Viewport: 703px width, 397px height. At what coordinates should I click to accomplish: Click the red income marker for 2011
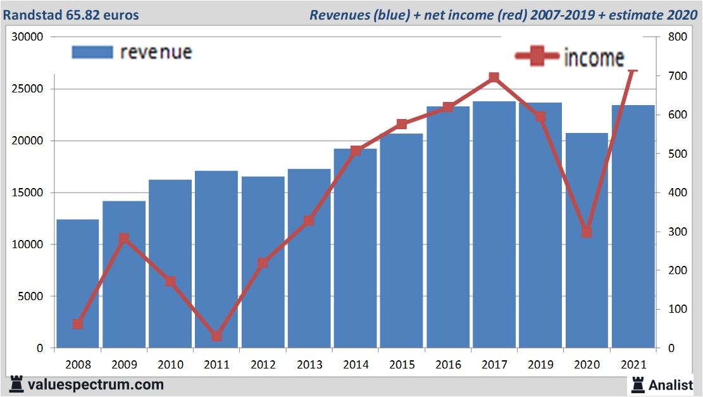(x=216, y=336)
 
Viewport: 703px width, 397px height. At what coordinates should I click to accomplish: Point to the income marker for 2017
(x=494, y=78)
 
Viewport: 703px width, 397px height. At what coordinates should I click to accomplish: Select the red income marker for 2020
(x=587, y=232)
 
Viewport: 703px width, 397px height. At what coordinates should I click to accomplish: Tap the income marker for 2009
(x=124, y=239)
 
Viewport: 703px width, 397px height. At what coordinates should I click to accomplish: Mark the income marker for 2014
(x=356, y=151)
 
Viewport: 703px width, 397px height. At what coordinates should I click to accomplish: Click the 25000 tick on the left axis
(x=28, y=89)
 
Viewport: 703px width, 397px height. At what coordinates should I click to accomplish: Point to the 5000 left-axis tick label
(x=31, y=296)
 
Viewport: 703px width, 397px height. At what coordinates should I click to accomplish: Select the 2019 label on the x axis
(x=540, y=365)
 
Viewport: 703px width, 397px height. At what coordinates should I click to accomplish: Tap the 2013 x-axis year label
(x=309, y=365)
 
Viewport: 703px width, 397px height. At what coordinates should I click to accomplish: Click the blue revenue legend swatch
(x=92, y=52)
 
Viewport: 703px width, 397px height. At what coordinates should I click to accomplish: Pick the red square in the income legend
(x=537, y=56)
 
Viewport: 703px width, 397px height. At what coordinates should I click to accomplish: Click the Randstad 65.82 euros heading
(x=71, y=15)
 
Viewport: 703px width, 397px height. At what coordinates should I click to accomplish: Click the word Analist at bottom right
(x=671, y=384)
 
